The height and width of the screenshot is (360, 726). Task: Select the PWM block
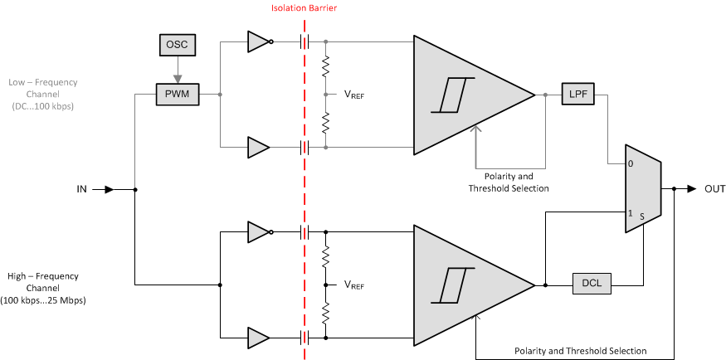click(x=178, y=95)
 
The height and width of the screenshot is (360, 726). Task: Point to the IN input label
click(x=81, y=189)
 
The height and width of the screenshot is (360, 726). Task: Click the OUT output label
click(x=714, y=189)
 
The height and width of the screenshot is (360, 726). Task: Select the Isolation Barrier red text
click(x=304, y=8)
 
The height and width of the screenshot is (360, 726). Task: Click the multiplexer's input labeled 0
click(x=631, y=164)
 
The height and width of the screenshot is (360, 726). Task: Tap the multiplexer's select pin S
click(x=641, y=214)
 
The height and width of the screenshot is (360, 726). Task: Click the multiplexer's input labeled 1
click(x=631, y=213)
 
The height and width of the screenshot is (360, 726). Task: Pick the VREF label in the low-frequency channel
click(x=354, y=95)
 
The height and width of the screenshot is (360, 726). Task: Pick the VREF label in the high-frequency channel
click(x=354, y=285)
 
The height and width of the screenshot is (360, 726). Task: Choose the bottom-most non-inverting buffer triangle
click(x=258, y=338)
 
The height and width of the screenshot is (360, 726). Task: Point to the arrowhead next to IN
click(x=108, y=189)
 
